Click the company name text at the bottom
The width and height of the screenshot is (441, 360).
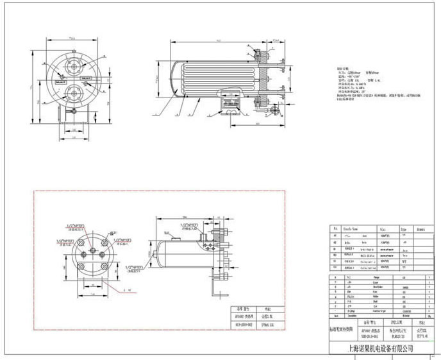[379, 348]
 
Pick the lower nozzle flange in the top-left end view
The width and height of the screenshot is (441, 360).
[76, 94]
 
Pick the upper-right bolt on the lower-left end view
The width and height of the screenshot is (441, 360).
[101, 243]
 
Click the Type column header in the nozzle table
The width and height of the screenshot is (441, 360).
[404, 228]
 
